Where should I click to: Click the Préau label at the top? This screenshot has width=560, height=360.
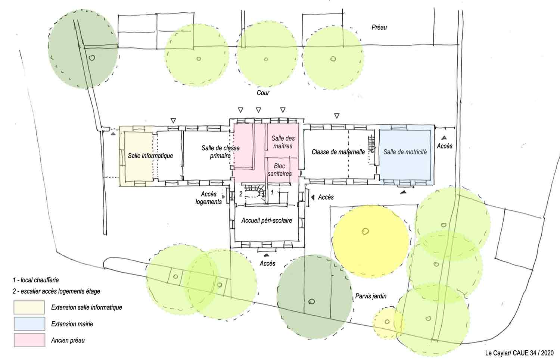click(x=379, y=27)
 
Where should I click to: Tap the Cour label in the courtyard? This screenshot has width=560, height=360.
click(x=263, y=93)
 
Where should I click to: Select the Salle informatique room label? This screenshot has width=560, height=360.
click(x=150, y=156)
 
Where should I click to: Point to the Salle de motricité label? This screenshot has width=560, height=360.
click(x=405, y=152)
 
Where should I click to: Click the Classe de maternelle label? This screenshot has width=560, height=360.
click(x=338, y=152)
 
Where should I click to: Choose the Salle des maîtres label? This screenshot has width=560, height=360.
click(x=283, y=142)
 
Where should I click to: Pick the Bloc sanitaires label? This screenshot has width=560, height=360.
click(x=280, y=170)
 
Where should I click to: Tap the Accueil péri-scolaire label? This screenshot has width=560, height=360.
click(x=267, y=220)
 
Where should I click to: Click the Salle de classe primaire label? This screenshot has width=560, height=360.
click(x=221, y=152)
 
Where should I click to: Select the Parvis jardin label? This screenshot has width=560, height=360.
click(x=371, y=296)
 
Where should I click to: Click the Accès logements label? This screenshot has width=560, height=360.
click(x=208, y=198)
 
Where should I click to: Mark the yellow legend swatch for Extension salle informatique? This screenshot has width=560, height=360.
click(x=29, y=307)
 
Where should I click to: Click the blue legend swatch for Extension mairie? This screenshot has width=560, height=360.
click(x=29, y=324)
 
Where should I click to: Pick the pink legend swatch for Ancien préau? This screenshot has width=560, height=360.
click(x=29, y=340)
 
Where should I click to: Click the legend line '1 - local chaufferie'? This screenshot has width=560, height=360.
click(x=36, y=280)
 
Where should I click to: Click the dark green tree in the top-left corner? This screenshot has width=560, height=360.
click(x=83, y=49)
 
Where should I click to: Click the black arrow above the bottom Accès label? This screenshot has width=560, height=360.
click(x=267, y=255)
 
